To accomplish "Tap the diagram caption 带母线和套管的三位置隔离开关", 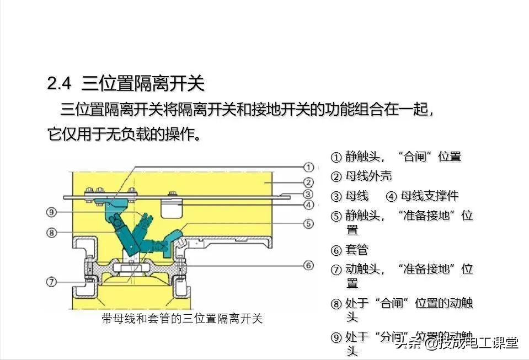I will click(x=182, y=319).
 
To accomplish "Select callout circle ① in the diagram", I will click(x=309, y=166).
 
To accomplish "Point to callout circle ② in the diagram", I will click(x=309, y=182).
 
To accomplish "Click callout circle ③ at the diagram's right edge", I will click(x=309, y=194).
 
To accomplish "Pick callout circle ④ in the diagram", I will click(x=309, y=205).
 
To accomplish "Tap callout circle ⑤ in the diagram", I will click(x=309, y=224).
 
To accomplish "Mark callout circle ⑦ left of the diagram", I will click(x=51, y=282).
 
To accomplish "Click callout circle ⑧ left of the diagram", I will click(x=51, y=233).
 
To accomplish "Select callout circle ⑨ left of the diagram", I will click(x=51, y=212).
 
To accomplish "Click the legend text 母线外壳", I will click(x=368, y=176).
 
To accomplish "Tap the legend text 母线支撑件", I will click(x=429, y=196).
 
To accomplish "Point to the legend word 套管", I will click(x=356, y=250).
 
